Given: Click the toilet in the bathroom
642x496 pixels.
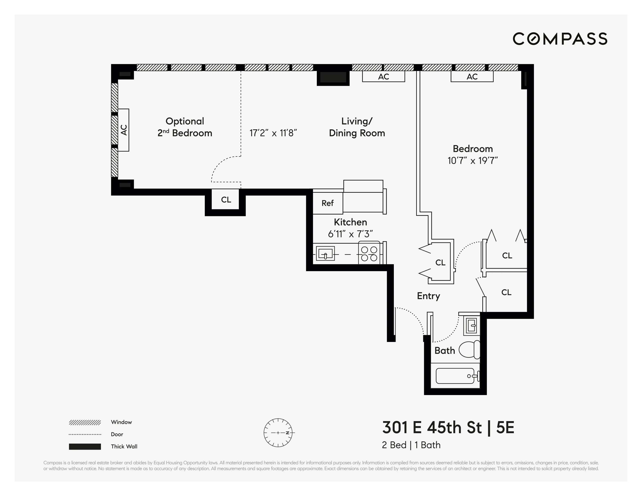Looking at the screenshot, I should tap(469, 350).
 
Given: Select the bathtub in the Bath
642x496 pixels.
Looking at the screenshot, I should tap(455, 376).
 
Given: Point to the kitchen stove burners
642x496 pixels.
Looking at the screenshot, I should tap(369, 254).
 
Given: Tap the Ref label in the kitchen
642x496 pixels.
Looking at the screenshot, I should tap(328, 203).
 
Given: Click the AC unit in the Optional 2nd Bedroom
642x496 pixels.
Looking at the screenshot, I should tap(124, 130).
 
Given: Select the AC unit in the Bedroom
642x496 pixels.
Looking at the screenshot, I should tap(472, 77).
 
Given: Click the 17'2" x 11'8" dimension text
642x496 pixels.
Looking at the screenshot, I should tap(273, 133).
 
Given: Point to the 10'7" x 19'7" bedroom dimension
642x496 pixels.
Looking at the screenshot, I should tap(472, 160).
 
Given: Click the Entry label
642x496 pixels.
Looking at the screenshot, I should tap(428, 296).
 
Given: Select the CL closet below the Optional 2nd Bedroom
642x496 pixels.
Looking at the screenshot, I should tap(226, 200).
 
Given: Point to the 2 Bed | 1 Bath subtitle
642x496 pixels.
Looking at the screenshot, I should tap(411, 445).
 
